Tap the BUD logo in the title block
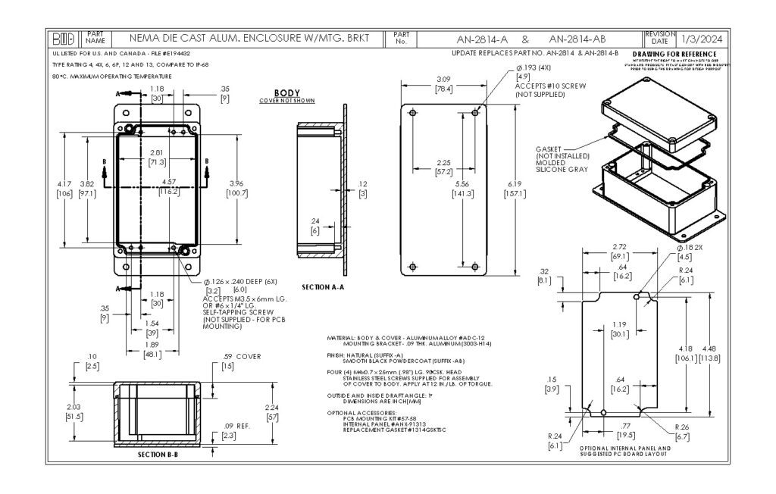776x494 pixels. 64,38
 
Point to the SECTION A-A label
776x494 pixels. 323,287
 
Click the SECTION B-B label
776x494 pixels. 158,455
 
